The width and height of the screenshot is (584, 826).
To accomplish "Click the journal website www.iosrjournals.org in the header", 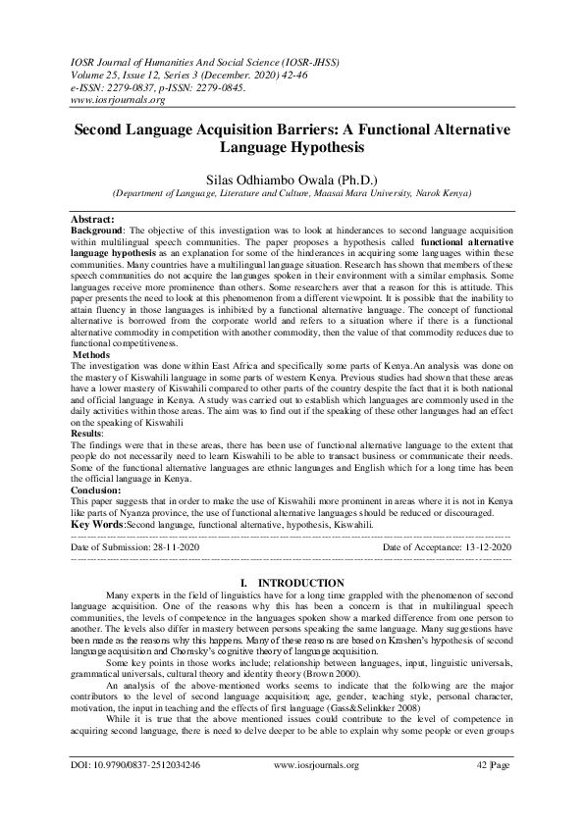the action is point(117,100).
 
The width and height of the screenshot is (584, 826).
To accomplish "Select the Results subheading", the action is point(86,433).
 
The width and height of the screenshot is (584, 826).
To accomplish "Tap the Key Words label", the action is point(97,526).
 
